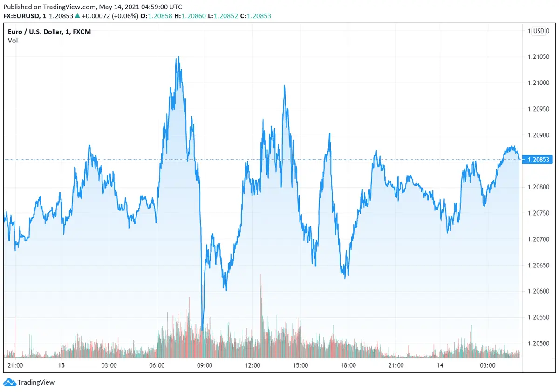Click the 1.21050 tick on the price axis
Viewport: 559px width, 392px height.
(539, 57)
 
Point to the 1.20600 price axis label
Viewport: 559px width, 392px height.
(539, 291)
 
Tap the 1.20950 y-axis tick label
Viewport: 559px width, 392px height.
(539, 109)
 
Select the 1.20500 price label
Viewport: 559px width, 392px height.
(539, 343)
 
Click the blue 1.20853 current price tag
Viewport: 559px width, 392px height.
(539, 160)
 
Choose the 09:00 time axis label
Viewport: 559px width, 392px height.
(205, 365)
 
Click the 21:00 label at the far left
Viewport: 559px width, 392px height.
(16, 365)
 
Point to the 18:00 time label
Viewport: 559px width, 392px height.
(348, 365)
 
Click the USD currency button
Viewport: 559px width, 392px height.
(539, 31)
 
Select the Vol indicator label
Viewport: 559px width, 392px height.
(13, 41)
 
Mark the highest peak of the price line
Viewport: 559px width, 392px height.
(178, 57)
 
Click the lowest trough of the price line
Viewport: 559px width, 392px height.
(202, 326)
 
